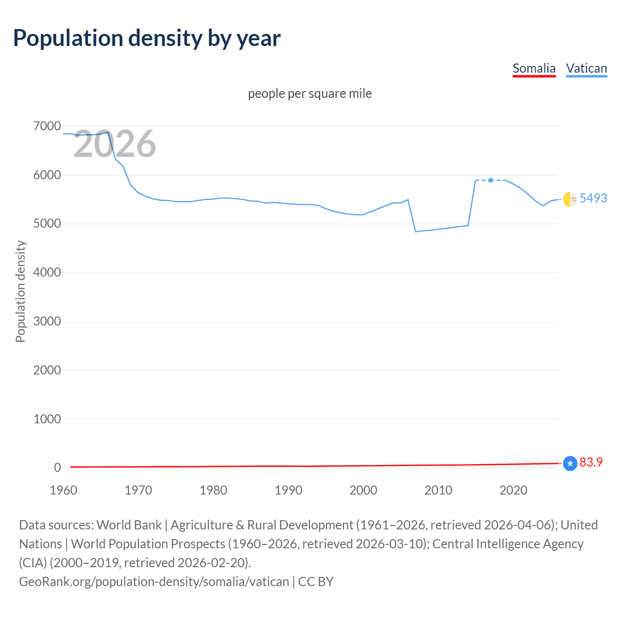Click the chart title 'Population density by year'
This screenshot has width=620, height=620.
point(147,38)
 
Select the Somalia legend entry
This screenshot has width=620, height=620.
point(534,68)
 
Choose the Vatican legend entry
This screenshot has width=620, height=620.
point(586,68)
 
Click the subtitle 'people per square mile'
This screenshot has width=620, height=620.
point(310,93)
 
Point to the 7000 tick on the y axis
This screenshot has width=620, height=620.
point(47,126)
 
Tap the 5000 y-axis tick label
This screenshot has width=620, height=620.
point(47,224)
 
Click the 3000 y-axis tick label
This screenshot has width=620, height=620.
point(47,321)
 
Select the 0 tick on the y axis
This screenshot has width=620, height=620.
point(57,467)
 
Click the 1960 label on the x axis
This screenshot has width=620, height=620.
point(63,490)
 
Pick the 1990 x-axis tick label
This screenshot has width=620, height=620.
point(288,490)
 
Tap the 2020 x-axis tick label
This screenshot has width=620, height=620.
point(513,490)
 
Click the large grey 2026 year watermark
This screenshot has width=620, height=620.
point(115,144)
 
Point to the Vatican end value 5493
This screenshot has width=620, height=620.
point(593,198)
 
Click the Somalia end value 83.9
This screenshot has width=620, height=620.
point(591,462)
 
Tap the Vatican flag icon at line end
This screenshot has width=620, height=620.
point(570,199)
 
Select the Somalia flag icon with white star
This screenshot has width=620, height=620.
point(570,464)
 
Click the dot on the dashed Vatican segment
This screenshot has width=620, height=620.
point(491,180)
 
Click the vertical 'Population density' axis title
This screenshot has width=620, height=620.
point(20,292)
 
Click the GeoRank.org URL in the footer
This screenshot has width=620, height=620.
point(154,581)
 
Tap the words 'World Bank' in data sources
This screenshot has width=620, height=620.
point(129,525)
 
